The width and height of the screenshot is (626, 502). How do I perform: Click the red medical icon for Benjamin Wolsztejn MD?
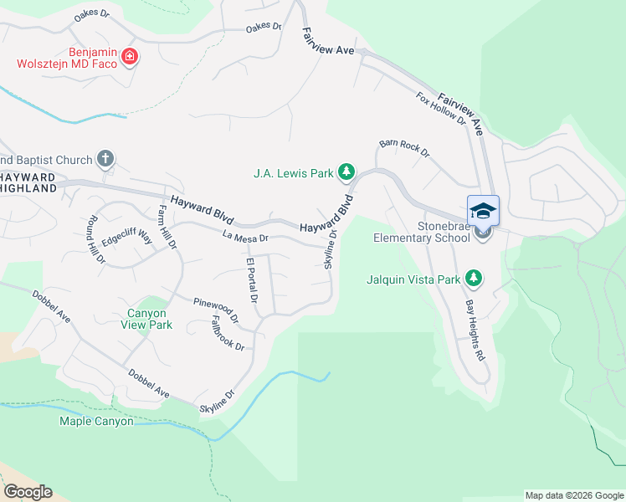[x=129, y=57]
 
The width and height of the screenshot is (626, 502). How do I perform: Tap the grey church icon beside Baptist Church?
[x=105, y=158]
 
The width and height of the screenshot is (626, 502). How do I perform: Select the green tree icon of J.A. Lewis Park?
[x=345, y=173]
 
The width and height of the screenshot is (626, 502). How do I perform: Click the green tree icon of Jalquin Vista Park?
[x=474, y=278]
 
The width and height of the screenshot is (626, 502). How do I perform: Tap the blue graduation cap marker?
[x=483, y=211]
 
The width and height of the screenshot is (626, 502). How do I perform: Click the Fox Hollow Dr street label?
[x=441, y=109]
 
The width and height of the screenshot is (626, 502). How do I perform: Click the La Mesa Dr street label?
[x=244, y=238]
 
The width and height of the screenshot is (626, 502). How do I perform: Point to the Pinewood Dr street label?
[x=216, y=310]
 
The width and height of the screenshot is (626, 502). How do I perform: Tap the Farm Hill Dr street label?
[x=168, y=228]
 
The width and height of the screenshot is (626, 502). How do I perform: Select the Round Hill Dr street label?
[x=95, y=240]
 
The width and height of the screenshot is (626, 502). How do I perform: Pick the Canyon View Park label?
[x=149, y=319]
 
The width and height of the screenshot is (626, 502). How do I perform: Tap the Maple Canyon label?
[x=96, y=421]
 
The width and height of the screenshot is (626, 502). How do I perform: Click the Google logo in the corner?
[x=28, y=491]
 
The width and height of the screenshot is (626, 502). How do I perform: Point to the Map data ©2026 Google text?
[x=574, y=495]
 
